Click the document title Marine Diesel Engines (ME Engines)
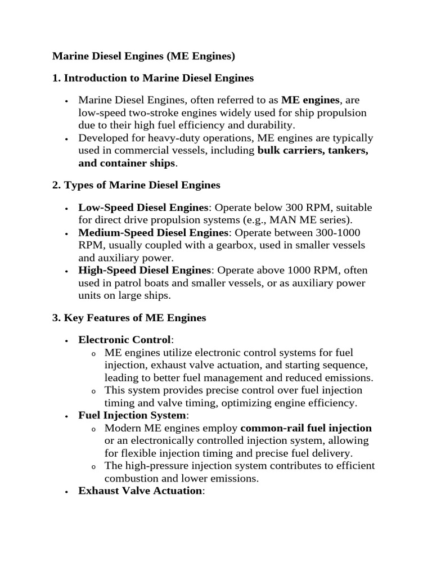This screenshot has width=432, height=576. click(143, 56)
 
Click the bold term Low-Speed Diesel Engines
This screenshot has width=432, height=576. click(143, 208)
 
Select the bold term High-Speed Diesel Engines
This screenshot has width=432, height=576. click(144, 271)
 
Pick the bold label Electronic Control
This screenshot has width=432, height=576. click(124, 340)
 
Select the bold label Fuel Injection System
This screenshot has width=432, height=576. click(132, 415)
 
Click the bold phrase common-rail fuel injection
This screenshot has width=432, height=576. click(306, 428)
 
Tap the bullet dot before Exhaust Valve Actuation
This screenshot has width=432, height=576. click(67, 492)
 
